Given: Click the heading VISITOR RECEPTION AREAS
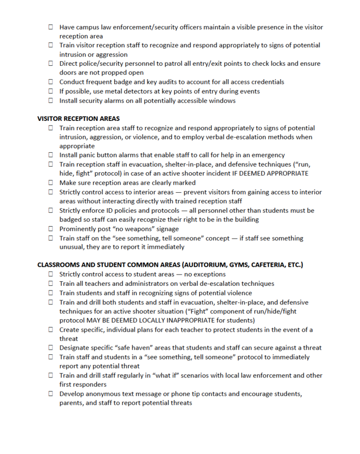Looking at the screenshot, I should click(78, 118).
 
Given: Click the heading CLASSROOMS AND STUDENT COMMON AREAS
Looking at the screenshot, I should click(170, 265).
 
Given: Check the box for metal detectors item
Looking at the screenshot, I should click(51, 92).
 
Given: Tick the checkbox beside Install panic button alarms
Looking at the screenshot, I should click(51, 155).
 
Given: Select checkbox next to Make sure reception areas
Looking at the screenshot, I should click(51, 183).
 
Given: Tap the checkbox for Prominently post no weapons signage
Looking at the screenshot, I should click(51, 229).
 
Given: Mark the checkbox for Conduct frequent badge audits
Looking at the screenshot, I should click(51, 82).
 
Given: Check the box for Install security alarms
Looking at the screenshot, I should click(51, 101).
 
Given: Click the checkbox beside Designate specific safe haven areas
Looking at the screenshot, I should click(51, 348).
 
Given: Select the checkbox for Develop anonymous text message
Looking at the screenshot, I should click(51, 394).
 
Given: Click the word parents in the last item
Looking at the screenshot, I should click(72, 404).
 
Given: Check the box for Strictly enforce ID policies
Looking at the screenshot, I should click(51, 210).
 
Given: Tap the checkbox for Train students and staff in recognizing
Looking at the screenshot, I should click(51, 293).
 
